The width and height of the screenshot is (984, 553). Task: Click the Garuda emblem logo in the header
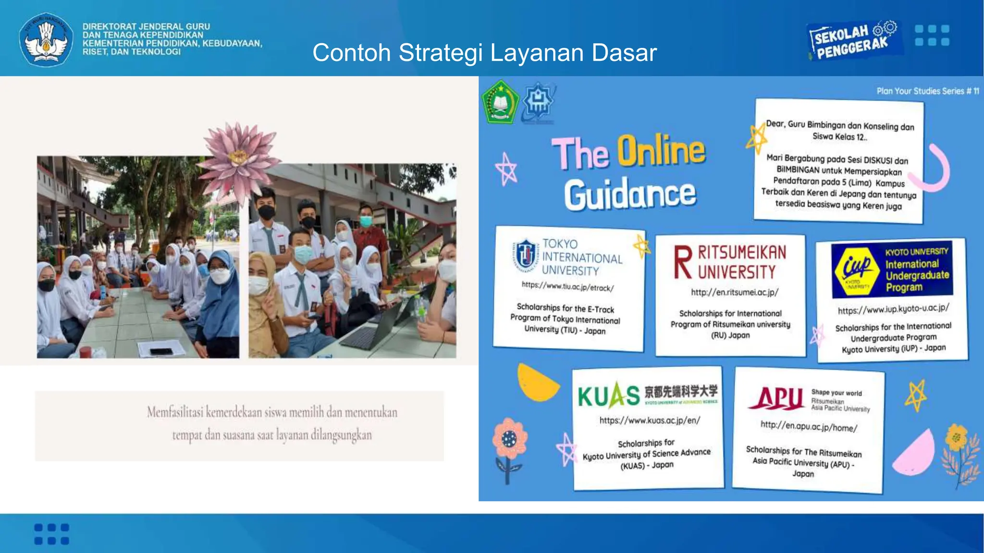coord(46,39)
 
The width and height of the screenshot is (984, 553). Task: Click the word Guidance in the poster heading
coord(630,194)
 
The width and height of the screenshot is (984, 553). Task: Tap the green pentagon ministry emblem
coord(500,102)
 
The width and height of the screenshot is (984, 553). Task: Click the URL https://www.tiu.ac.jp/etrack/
coord(567,287)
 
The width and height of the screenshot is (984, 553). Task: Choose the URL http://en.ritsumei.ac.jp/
coord(735,292)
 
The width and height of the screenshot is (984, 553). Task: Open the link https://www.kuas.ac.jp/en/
coord(650,421)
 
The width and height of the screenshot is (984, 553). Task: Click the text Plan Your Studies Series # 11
coord(927,91)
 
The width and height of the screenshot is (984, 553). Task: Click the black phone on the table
coord(161,351)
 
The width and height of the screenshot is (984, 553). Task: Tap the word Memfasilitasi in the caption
coord(175,412)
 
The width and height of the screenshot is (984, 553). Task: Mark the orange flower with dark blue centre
coord(509,438)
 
